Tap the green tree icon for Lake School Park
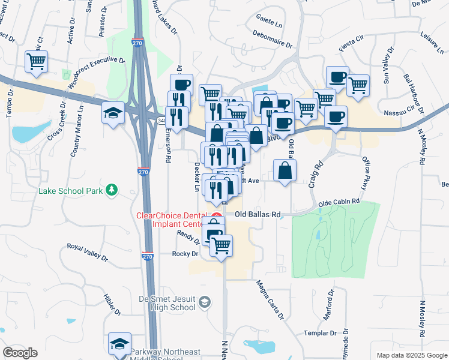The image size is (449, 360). click(111, 190)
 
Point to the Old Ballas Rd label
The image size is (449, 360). click(258, 214)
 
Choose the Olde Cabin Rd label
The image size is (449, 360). click(339, 203)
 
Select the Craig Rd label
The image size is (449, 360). click(316, 175)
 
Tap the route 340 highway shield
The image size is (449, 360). click(163, 120)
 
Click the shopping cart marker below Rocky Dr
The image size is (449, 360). click(221, 245)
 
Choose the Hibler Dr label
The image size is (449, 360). click(112, 304)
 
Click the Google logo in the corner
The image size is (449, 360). click(20, 353)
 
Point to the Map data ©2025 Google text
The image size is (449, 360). click(411, 355)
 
